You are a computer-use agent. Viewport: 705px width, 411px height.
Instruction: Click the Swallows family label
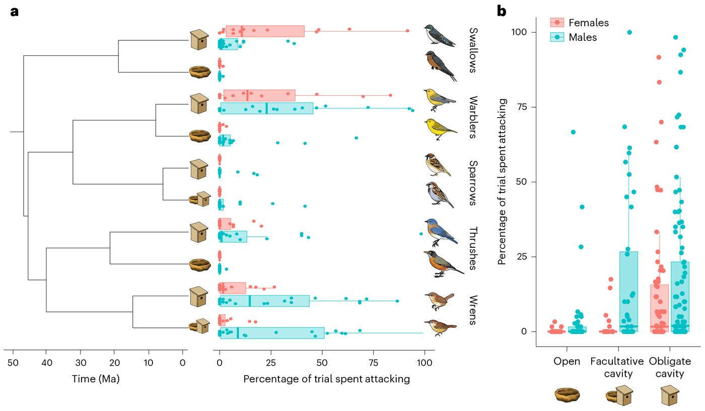click(x=472, y=50)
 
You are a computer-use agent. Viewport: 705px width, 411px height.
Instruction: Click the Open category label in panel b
click(x=567, y=361)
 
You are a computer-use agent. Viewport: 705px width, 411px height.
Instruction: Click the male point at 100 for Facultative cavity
click(x=629, y=32)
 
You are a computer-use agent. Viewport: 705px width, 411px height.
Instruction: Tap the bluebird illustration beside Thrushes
click(x=440, y=231)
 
